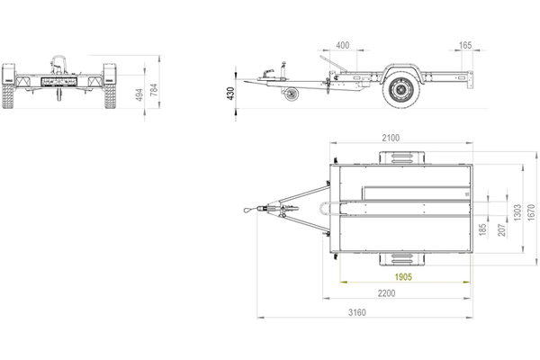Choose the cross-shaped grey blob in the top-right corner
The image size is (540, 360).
467,51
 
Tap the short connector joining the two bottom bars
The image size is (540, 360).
355,306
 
